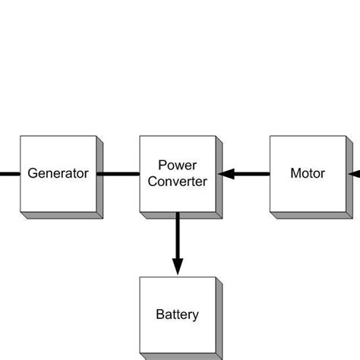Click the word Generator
(58, 173)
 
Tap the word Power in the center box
(177, 165)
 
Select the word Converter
(177, 182)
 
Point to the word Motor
(308, 173)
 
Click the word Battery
(177, 314)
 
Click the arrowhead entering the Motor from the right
(354, 174)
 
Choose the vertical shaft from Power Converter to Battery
(177, 235)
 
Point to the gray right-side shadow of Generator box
(99, 178)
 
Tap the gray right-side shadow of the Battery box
(219, 319)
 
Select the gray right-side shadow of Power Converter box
(219, 179)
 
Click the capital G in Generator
(32, 173)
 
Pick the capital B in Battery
(159, 314)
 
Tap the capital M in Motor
(295, 173)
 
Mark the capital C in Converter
(152, 182)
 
